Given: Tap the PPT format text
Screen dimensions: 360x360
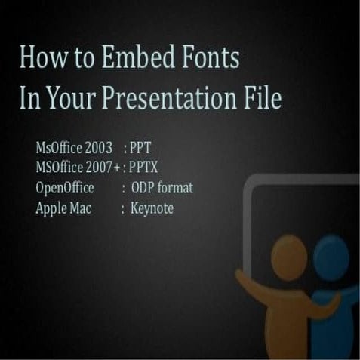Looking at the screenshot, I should [140, 148].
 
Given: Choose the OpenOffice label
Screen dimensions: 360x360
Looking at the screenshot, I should [65, 188].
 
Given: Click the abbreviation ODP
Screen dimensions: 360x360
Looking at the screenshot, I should [143, 188].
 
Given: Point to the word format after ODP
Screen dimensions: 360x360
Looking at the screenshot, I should [176, 188].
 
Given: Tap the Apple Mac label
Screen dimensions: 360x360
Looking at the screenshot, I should [63, 208].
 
